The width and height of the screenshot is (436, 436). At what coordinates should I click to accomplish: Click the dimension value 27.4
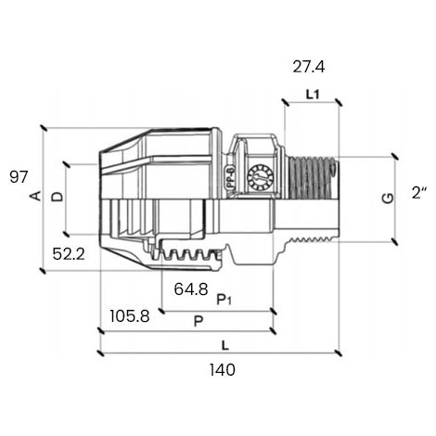pyautogui.click(x=309, y=67)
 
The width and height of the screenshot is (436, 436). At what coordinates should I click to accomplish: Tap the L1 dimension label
pyautogui.click(x=313, y=95)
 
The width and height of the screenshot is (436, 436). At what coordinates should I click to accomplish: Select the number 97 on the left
pyautogui.click(x=19, y=177)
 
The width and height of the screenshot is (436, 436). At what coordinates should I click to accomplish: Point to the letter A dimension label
pyautogui.click(x=36, y=196)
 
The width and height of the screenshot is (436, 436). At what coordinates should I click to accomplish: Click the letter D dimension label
pyautogui.click(x=58, y=197)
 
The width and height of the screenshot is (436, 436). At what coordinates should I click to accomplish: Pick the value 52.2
pyautogui.click(x=69, y=254)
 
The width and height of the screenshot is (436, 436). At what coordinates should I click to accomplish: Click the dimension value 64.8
pyautogui.click(x=191, y=289)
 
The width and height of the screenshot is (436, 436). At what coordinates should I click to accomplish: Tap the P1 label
pyautogui.click(x=224, y=300)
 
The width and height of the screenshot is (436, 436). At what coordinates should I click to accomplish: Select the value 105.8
pyautogui.click(x=130, y=316)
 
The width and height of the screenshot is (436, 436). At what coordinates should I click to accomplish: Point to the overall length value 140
pyautogui.click(x=223, y=370)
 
